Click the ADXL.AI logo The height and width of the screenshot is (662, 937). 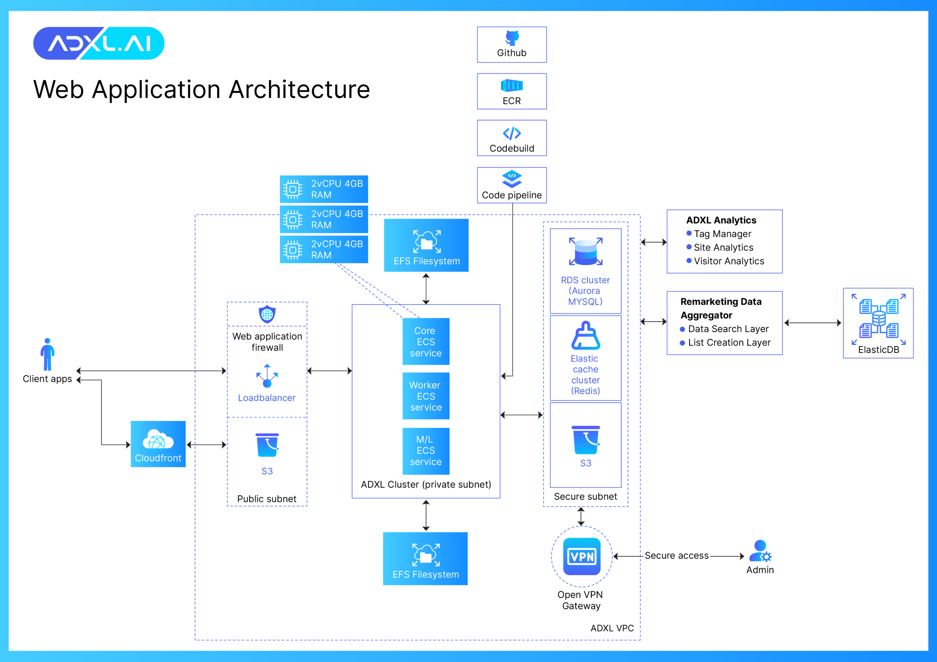tap(99, 43)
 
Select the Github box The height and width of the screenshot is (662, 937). tap(512, 45)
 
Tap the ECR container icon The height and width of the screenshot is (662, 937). tap(512, 86)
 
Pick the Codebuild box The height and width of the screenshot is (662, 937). tap(512, 138)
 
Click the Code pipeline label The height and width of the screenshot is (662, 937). tap(512, 195)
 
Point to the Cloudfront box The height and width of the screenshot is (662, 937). tap(158, 444)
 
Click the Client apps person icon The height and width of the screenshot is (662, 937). tap(47, 354)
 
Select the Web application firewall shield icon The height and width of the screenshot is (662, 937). tap(267, 314)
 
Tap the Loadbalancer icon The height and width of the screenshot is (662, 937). tap(267, 376)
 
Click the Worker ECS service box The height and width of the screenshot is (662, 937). tap(426, 396)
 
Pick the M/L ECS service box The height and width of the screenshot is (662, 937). tap(426, 451)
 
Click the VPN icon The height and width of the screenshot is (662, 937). tap(582, 556)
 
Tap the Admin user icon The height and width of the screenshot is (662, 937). tap(760, 551)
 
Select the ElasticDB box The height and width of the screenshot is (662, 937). tap(878, 323)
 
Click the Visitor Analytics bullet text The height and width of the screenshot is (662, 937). tap(729, 261)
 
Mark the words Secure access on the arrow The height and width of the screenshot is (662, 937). tap(677, 556)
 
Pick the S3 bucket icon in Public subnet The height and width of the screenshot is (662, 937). tap(267, 445)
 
